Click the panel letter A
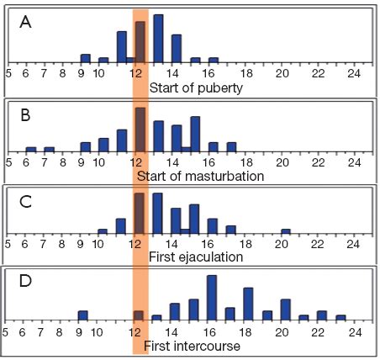click(25, 22)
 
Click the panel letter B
click(25, 115)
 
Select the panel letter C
click(25, 202)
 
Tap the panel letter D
click(25, 281)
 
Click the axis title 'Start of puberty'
click(196, 88)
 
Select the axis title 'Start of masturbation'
click(200, 177)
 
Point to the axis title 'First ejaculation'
click(196, 257)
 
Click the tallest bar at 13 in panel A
click(158, 39)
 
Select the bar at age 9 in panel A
click(86, 58)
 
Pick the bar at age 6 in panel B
click(31, 150)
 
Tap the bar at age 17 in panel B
click(232, 147)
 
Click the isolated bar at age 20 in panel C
click(286, 231)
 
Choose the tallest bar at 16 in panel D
click(212, 298)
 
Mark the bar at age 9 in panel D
click(83, 315)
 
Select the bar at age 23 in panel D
click(340, 318)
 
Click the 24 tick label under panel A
click(354, 74)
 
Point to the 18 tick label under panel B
click(246, 162)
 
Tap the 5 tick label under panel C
click(8, 244)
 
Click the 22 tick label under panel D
click(318, 333)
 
